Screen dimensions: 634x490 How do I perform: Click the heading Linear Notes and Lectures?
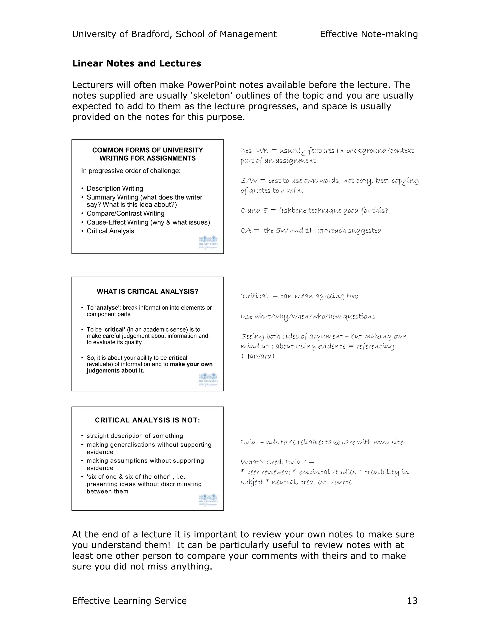(136, 63)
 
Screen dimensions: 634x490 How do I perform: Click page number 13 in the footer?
(412, 601)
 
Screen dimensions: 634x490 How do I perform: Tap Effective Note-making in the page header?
(369, 34)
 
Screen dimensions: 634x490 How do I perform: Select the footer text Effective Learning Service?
(129, 601)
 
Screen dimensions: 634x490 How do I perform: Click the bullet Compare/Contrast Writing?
(125, 213)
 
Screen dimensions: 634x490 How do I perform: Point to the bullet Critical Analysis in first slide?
(110, 231)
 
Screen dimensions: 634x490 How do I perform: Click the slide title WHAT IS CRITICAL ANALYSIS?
(147, 291)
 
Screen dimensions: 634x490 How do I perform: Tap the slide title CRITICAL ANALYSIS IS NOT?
(147, 420)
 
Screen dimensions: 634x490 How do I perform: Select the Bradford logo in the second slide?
(208, 379)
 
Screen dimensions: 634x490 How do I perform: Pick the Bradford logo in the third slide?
(208, 500)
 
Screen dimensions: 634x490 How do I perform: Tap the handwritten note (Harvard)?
(257, 356)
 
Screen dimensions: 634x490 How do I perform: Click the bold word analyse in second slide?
(107, 308)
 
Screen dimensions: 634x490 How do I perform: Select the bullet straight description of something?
(135, 436)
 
